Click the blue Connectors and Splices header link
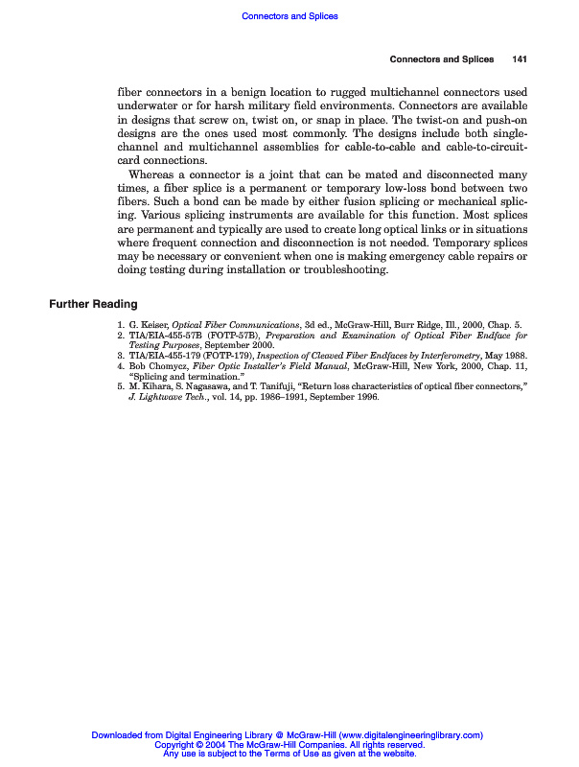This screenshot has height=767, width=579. pyautogui.click(x=289, y=16)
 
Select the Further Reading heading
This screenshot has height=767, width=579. pyautogui.click(x=93, y=304)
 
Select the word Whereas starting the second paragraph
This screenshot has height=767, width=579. pyautogui.click(x=153, y=175)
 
